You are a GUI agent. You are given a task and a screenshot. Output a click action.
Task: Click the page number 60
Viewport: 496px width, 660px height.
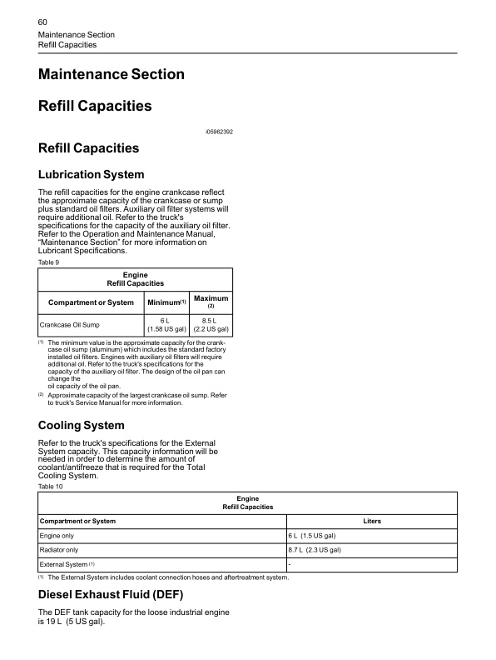point(44,20)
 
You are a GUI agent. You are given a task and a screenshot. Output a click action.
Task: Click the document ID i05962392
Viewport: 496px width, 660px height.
point(219,132)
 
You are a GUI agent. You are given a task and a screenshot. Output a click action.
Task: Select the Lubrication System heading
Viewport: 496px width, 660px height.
point(92,175)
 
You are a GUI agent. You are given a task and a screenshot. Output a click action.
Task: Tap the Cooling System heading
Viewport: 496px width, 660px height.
point(82,426)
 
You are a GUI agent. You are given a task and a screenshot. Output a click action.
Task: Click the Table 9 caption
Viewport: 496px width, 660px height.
point(49,262)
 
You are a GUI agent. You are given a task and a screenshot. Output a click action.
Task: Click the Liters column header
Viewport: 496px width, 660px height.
point(372,521)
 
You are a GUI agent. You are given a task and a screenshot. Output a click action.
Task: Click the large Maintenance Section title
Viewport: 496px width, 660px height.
point(112,74)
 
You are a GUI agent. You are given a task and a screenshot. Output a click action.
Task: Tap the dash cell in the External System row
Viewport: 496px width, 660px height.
point(290,565)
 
